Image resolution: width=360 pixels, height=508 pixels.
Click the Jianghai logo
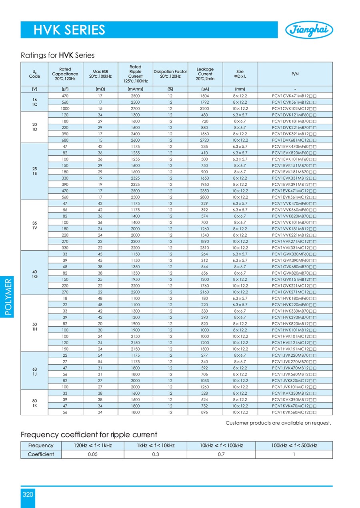click(309, 30)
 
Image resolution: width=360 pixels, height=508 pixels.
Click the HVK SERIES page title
click(69, 30)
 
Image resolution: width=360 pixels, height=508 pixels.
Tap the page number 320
click(28, 495)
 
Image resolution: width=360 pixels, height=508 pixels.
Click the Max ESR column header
click(100, 74)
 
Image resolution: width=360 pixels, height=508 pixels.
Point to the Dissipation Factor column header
click(170, 74)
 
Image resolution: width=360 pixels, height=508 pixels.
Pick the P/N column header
click(295, 74)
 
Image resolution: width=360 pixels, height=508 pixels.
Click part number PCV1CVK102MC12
click(295, 108)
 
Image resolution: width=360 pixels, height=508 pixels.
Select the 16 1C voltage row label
click(34, 102)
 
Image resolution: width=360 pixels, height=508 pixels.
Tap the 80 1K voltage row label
click(34, 402)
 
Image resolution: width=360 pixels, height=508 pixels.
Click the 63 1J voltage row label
click(34, 370)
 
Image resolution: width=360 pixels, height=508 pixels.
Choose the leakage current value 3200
click(205, 108)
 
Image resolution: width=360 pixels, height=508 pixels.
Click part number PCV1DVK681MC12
click(295, 140)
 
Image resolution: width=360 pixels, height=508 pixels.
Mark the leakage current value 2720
click(205, 140)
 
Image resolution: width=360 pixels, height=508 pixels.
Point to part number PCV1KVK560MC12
click(295, 412)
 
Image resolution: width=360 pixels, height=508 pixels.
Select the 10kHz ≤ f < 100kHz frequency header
click(221, 445)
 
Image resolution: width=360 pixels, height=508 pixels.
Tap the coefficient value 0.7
click(221, 454)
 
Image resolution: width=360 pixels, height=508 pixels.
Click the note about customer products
click(278, 423)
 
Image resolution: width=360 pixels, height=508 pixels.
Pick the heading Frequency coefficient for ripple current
click(89, 435)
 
